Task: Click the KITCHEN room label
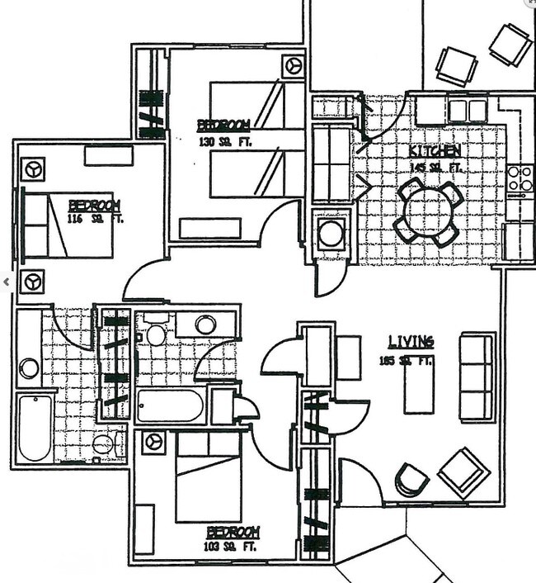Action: pos(434,152)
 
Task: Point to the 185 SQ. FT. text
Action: pos(406,361)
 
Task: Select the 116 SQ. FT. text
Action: pos(94,220)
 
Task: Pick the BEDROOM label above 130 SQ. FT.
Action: pos(223,126)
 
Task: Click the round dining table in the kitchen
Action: pos(428,213)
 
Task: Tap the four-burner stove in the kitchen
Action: pos(520,178)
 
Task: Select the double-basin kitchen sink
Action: pos(468,111)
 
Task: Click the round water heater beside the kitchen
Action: pos(331,233)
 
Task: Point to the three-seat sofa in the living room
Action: pos(477,377)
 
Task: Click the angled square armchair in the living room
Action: pos(463,472)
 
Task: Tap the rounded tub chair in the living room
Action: pos(411,479)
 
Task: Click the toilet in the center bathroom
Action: pos(156,334)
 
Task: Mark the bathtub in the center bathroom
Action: pos(171,406)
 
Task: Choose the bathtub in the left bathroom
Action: pos(35,427)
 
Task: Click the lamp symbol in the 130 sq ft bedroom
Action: pos(292,65)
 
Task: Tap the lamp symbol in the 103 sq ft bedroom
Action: pos(153,442)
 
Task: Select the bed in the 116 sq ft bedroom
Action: pos(68,225)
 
